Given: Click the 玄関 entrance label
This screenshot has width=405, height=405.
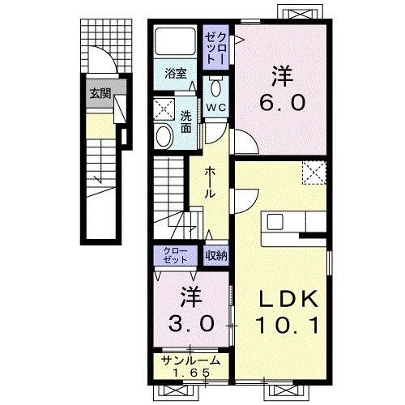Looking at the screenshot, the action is tap(100, 94).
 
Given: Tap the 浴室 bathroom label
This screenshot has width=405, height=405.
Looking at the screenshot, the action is tap(176, 73).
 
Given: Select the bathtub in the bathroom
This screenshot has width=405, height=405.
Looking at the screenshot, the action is tap(175, 40).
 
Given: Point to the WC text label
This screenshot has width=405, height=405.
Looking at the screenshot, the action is tap(216, 108).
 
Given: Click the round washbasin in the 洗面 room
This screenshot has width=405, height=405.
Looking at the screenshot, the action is tap(164, 136).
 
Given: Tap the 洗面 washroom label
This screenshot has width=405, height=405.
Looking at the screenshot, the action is tap(186, 122).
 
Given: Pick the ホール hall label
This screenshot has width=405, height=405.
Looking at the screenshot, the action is tap(211, 182).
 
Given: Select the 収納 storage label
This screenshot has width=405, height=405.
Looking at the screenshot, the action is tap(216, 255).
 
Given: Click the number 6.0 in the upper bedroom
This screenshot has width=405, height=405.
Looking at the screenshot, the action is tap(283, 103).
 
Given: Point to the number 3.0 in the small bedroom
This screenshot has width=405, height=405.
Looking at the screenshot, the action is tap(191, 324).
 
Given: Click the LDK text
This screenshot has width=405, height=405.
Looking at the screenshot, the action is tap(288, 299).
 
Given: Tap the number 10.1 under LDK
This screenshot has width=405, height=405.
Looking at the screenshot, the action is tap(288, 325).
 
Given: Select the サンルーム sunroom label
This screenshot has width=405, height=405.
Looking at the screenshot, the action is tap(190, 360).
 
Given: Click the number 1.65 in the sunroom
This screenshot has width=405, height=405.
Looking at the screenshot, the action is tap(191, 373).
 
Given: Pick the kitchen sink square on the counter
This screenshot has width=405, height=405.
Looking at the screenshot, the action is tap(275, 222).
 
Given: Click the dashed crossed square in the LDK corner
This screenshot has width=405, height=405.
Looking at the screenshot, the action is tap(314, 173).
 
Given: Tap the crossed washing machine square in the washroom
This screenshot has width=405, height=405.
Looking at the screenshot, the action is tap(164, 109).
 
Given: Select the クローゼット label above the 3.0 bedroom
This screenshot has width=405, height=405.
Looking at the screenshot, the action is tap(175, 255).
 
